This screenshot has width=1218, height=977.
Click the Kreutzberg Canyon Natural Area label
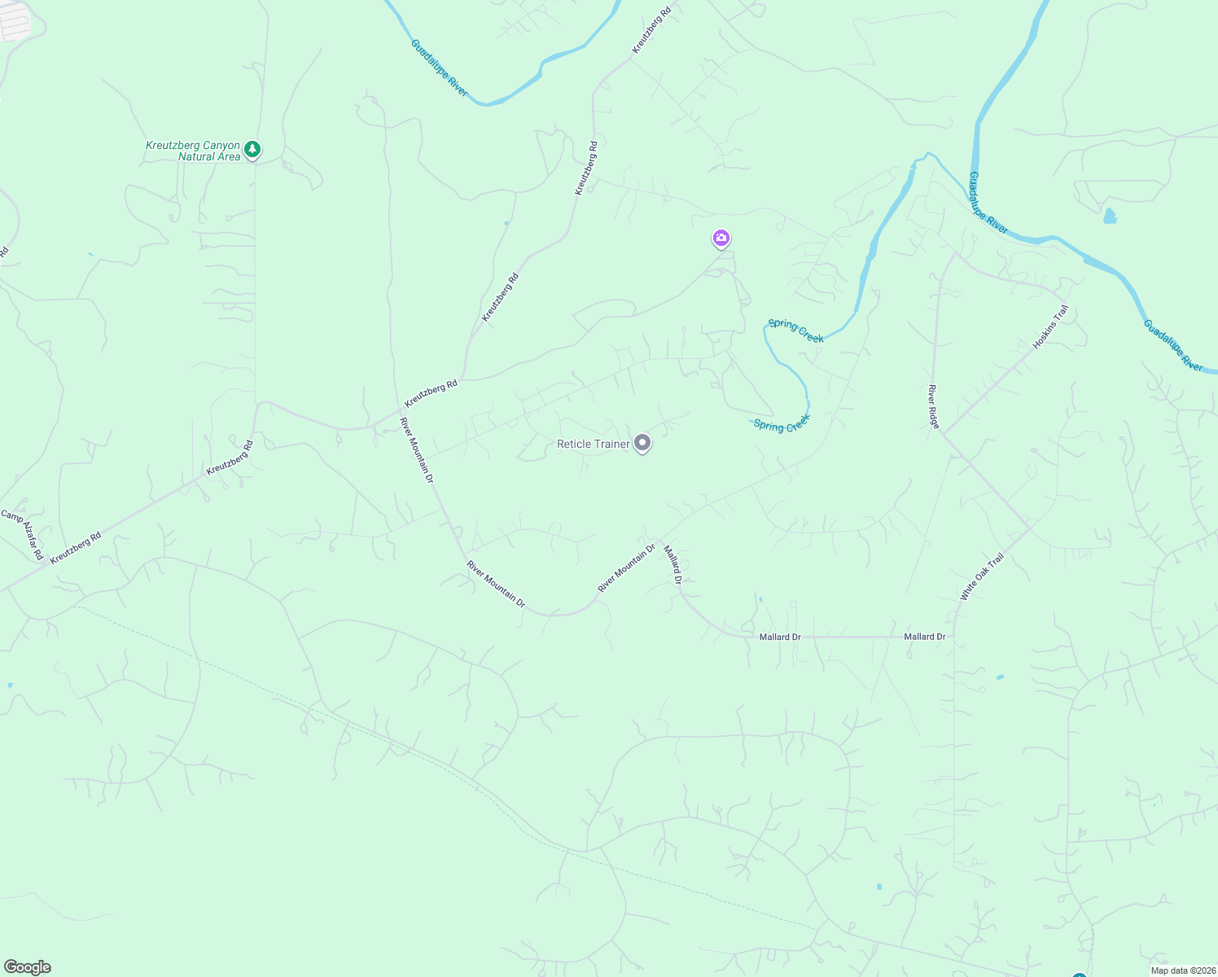coord(193,151)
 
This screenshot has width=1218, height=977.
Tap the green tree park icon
coord(253,149)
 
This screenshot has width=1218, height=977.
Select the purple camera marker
coord(721,239)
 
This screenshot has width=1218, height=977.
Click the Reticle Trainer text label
coord(593,444)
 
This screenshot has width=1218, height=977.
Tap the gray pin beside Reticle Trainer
coord(642,443)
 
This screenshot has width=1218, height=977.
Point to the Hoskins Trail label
coord(1050,328)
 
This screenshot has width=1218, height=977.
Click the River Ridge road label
coord(934,407)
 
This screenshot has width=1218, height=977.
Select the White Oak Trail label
coord(982,577)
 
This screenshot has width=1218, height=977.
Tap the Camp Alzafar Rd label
coord(23,535)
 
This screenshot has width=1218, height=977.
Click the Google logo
coord(27,967)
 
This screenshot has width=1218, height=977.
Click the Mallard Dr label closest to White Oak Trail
coord(925,637)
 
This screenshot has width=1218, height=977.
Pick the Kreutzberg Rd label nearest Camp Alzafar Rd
coord(76,549)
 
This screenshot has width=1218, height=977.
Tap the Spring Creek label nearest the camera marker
coord(795,331)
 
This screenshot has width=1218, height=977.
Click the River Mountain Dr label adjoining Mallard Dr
coord(626,568)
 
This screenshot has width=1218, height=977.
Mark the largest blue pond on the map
coord(1110,217)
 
